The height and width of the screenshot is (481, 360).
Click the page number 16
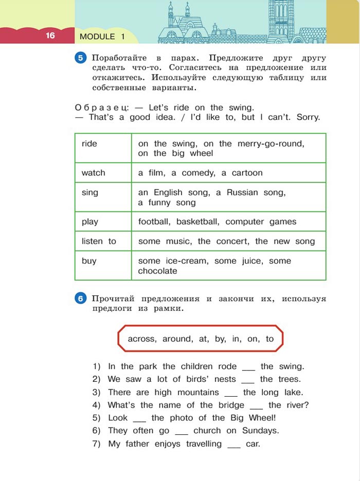(50, 35)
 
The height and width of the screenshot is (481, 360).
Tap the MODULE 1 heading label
(102, 36)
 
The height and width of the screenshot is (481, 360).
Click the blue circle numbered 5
(81, 58)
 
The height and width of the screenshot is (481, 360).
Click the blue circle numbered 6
(81, 299)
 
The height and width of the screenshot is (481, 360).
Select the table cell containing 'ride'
(103, 148)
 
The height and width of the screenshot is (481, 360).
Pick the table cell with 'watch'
(103, 173)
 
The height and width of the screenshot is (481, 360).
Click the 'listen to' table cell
(103, 241)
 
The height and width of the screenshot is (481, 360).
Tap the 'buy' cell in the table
(103, 265)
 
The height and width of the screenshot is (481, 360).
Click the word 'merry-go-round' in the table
(271, 144)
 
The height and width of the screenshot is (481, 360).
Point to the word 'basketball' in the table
(197, 222)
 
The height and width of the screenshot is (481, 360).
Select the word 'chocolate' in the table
(157, 271)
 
